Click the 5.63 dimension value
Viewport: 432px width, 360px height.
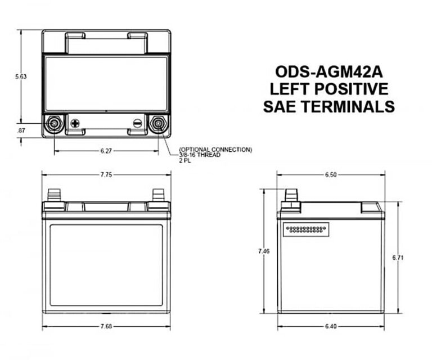(21, 76)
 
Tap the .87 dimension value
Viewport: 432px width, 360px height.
(21, 130)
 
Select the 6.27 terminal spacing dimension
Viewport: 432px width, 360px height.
(106, 151)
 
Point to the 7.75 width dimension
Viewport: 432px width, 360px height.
(106, 174)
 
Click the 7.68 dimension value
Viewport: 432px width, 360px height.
(106, 326)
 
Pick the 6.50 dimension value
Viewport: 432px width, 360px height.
(331, 174)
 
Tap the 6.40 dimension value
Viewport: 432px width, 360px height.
(331, 326)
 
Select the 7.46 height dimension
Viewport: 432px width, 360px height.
(264, 251)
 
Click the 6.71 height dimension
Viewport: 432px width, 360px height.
(398, 258)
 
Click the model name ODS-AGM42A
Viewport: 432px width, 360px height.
(329, 72)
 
